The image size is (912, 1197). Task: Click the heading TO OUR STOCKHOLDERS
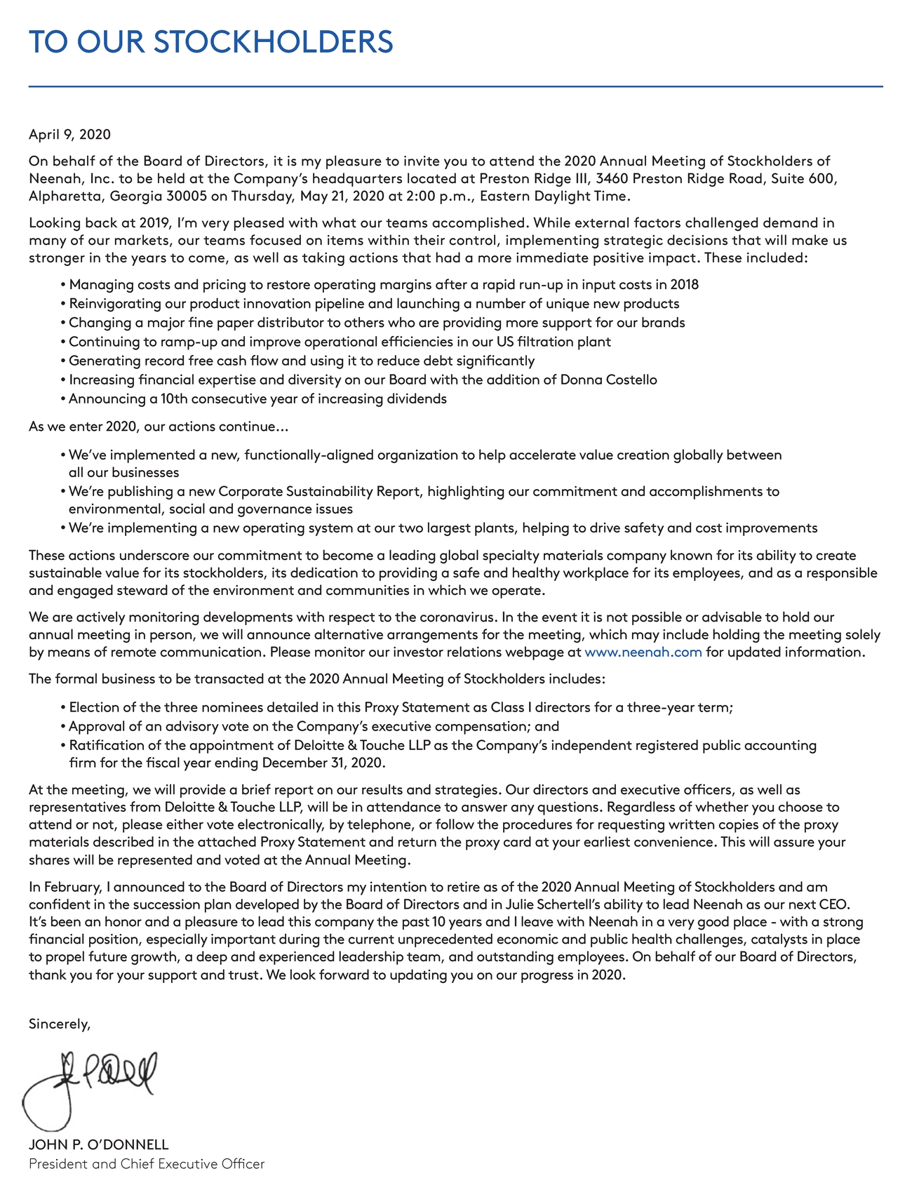click(x=210, y=42)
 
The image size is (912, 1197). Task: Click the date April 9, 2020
click(x=69, y=134)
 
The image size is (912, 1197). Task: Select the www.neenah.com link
click(x=643, y=653)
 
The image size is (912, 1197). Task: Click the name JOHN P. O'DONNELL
click(x=98, y=1144)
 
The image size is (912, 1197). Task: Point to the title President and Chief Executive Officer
click(x=147, y=1164)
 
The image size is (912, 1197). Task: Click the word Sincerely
click(x=60, y=1024)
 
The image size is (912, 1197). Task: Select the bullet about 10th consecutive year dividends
click(x=257, y=399)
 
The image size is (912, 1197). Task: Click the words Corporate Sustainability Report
click(x=321, y=491)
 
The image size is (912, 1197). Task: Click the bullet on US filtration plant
click(x=340, y=342)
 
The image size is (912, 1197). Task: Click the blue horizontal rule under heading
click(x=455, y=87)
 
